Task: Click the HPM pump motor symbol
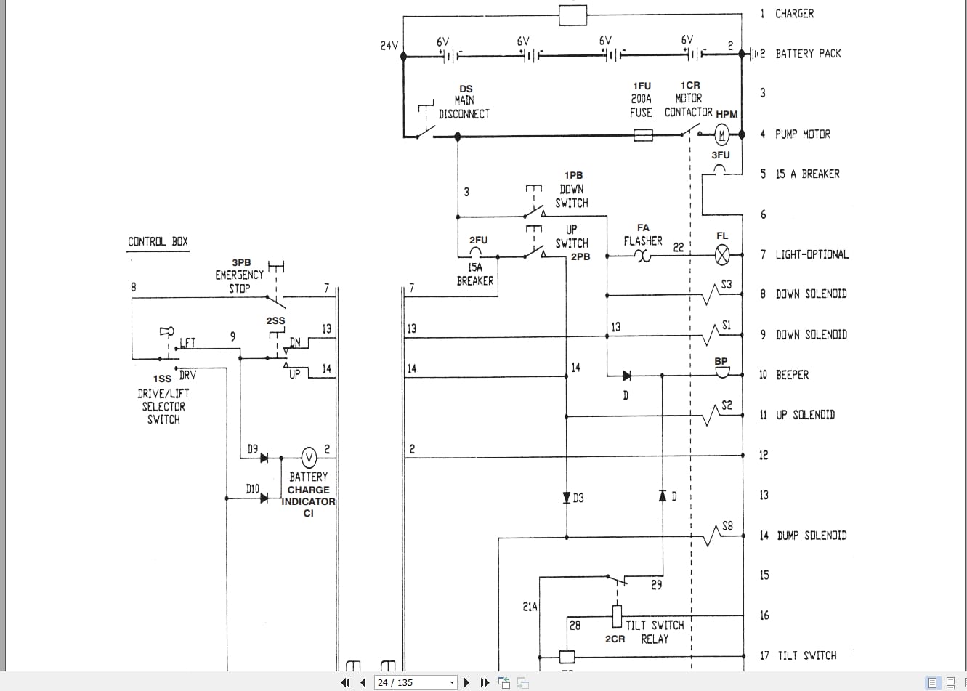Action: click(x=721, y=134)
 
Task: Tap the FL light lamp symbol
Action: click(x=722, y=255)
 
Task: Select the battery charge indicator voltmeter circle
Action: click(x=309, y=458)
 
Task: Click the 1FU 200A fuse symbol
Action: click(x=643, y=135)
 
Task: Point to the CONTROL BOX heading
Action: click(x=158, y=242)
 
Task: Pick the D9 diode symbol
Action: click(x=264, y=458)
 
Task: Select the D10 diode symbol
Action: click(x=264, y=498)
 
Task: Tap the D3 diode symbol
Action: click(x=566, y=498)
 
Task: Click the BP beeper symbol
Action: click(x=721, y=372)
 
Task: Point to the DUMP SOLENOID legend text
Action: click(x=812, y=536)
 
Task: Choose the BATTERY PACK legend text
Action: click(x=808, y=54)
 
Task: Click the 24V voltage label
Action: click(x=389, y=46)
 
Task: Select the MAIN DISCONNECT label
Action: click(x=464, y=107)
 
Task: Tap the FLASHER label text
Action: click(x=643, y=241)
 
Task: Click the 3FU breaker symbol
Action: click(x=720, y=171)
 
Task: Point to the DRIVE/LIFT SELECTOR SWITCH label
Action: click(x=163, y=406)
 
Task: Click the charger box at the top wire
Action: click(x=572, y=15)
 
